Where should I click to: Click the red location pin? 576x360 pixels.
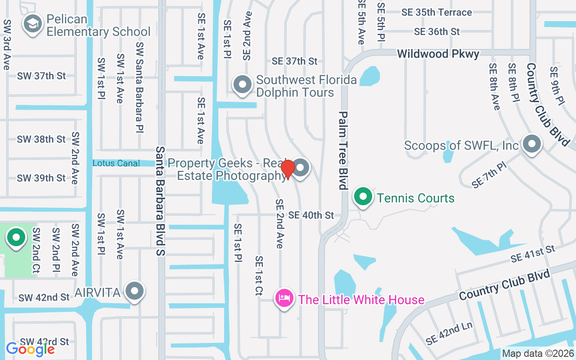click(288, 169)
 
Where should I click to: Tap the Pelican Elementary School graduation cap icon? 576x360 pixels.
click(33, 25)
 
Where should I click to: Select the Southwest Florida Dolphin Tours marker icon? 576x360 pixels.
click(243, 84)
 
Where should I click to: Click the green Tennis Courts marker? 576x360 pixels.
click(363, 197)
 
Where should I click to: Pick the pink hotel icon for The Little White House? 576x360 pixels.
click(284, 298)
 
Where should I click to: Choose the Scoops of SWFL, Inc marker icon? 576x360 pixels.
click(532, 145)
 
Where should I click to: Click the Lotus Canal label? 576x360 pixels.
click(116, 163)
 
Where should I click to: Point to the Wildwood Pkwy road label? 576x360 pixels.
click(438, 54)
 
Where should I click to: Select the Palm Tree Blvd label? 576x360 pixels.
click(343, 150)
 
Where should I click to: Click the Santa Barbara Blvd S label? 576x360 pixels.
click(161, 201)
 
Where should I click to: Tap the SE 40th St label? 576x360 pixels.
click(311, 216)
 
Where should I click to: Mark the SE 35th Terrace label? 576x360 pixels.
click(437, 12)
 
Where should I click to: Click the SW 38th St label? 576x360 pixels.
click(41, 139)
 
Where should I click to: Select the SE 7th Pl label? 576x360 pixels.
click(489, 175)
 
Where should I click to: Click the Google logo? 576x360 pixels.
click(30, 349)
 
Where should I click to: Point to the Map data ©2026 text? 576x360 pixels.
click(538, 354)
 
